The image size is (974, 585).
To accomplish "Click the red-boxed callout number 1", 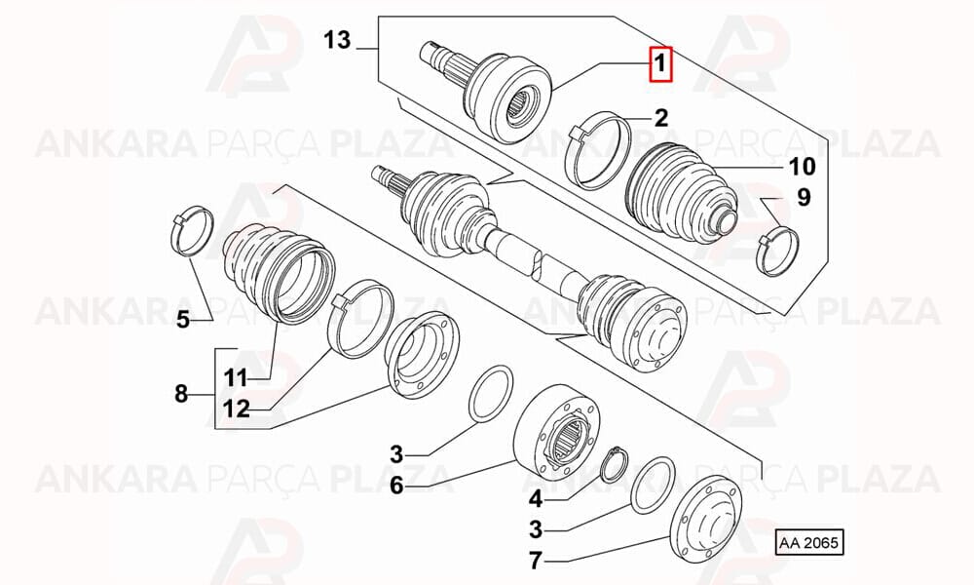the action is pos(660,64).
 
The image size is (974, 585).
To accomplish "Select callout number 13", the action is pos(337,40).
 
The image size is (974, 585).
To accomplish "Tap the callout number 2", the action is pos(660,117).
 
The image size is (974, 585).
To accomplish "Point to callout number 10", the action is pos(802,167).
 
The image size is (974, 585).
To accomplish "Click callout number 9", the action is pos(804,197).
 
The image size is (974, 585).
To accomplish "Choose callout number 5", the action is pos(183,320).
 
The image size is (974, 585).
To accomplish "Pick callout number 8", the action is pos(181,394).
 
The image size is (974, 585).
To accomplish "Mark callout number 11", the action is pos(236,377).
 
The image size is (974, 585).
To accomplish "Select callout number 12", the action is pos(236,409).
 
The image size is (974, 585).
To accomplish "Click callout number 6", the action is pos(396,485).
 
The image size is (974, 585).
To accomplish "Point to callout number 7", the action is pos(536,561).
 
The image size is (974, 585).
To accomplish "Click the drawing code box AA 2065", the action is pos(809,543).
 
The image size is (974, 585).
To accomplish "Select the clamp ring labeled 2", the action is pos(598,150).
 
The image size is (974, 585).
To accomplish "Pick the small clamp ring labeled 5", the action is pos(192,229).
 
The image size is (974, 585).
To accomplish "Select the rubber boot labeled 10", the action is pos(682,195).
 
